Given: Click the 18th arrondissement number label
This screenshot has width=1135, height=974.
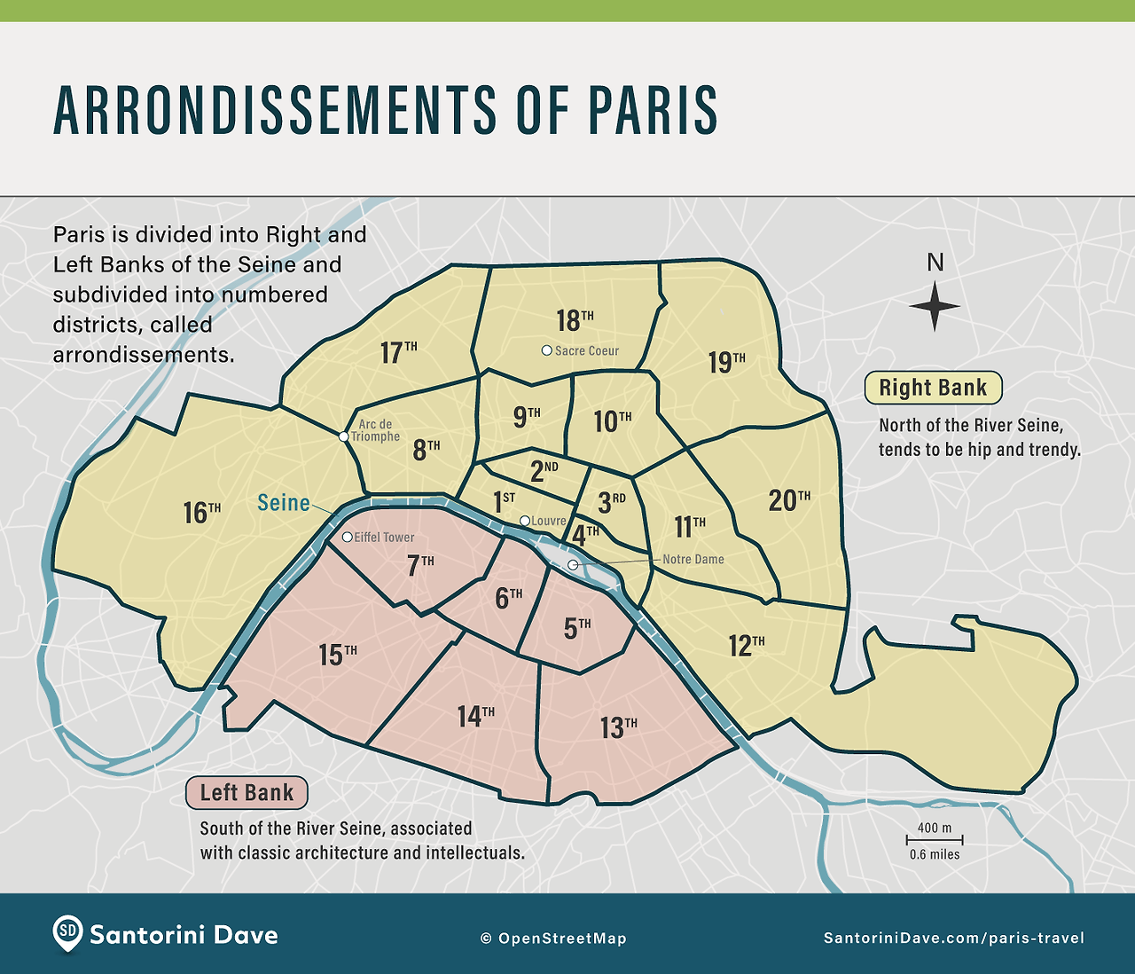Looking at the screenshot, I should coord(575,320).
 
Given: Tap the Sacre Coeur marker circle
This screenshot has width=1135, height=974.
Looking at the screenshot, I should coord(547,350).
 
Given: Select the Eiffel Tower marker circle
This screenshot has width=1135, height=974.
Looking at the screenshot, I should coord(347,537).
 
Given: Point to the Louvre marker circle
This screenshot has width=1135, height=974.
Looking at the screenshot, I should coord(525,521).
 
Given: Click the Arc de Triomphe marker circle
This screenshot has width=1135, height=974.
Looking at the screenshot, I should coord(344,436).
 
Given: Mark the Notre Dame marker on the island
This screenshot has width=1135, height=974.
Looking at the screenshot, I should coord(573,565).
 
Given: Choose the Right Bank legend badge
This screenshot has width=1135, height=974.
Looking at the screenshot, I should coord(933,388).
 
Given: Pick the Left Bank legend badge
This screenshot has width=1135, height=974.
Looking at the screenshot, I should coord(247,792).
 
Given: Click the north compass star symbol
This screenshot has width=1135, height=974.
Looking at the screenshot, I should coord(935,306).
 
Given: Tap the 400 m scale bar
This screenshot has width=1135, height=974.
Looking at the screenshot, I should coord(935,839).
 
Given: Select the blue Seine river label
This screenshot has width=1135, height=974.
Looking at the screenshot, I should coord(284,503).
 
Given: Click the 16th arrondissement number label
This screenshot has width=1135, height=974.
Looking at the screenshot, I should coord(201,512).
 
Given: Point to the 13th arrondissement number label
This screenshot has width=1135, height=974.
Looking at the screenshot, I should coord(618,727).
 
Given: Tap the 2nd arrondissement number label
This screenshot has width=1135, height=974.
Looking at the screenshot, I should coord(544,471).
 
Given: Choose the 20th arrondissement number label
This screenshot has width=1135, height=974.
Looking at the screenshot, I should coord(788,500).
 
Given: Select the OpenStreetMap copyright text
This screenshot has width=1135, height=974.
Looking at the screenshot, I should coord(553,939).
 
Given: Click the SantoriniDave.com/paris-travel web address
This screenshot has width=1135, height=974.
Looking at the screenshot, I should coord(953,939).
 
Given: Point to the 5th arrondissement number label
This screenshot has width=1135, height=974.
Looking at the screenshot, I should coord(577,628).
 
